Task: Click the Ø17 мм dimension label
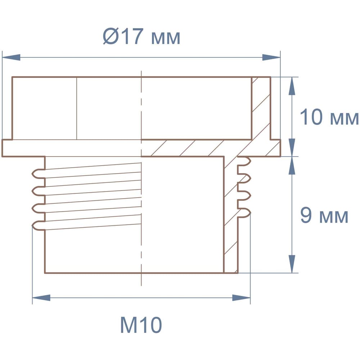coord(141,36)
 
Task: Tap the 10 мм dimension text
coord(329,117)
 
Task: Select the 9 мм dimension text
coord(324,216)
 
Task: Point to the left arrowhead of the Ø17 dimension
coord(11,57)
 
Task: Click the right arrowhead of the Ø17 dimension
coord(271,57)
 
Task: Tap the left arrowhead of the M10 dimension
coord(41,298)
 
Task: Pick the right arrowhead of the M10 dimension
coord(241,298)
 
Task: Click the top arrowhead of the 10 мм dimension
coord(292,86)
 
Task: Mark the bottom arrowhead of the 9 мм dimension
coord(292,264)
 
